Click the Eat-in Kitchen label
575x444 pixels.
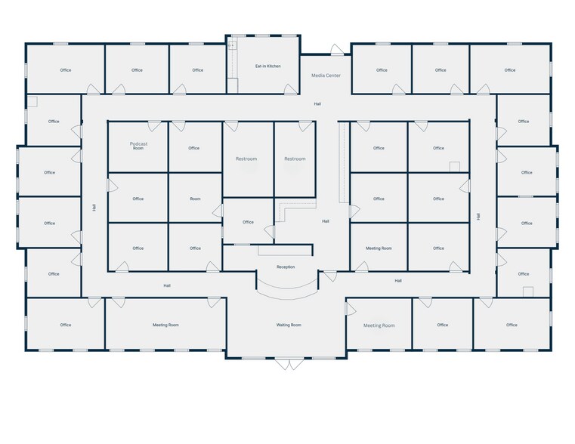click(x=268, y=66)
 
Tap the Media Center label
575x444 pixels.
click(x=326, y=76)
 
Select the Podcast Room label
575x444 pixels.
click(x=138, y=146)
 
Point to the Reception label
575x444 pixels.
click(x=286, y=267)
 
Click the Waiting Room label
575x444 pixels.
click(x=289, y=325)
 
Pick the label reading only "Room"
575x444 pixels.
click(x=195, y=199)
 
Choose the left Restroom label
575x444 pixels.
click(x=246, y=159)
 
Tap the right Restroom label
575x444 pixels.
click(x=295, y=159)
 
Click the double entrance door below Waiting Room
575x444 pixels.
click(x=289, y=364)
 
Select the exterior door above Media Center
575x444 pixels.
click(x=337, y=50)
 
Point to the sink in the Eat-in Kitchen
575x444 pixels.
click(x=232, y=45)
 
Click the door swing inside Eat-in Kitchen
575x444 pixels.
click(x=290, y=89)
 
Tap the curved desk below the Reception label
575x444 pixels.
click(x=287, y=289)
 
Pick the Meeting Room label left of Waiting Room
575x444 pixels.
click(x=165, y=325)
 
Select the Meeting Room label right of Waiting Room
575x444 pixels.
click(x=379, y=325)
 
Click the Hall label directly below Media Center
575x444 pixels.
click(x=317, y=104)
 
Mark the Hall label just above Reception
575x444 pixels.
click(x=326, y=221)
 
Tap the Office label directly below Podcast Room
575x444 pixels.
click(x=138, y=199)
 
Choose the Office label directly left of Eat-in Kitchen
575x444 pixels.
click(x=198, y=70)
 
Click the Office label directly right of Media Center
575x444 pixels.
click(x=382, y=70)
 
